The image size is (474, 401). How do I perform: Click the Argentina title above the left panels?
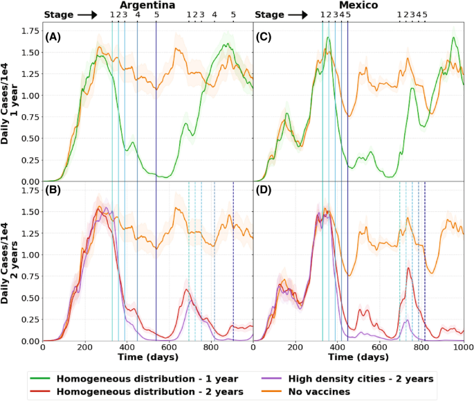148,6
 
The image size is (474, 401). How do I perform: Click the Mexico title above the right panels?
358,6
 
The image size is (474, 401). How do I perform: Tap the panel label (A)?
54,37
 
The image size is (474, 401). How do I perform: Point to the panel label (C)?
264,37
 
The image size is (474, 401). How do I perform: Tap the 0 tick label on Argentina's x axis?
43,348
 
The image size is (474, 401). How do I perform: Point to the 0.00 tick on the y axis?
29,341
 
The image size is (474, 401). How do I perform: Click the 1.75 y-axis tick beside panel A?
29,31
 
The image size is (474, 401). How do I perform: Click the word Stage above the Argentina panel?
58,15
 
